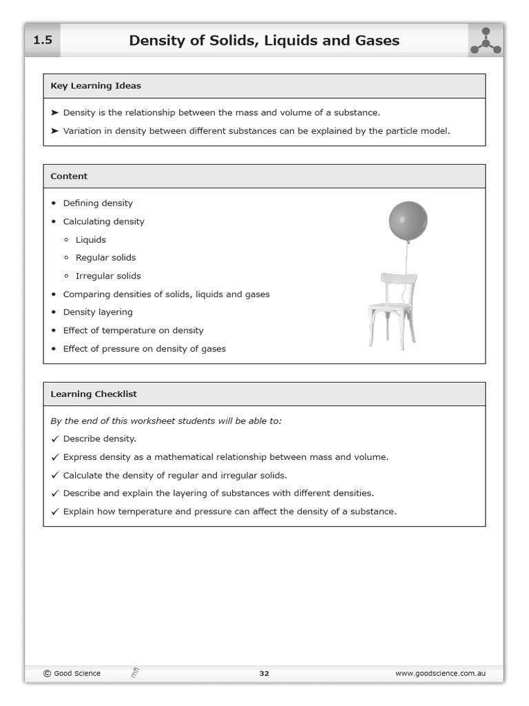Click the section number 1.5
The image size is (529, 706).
43,41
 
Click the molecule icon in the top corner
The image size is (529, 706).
486,41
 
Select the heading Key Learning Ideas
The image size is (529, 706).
96,86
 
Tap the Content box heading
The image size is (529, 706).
69,176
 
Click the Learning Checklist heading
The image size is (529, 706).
94,394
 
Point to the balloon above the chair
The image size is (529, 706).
408,221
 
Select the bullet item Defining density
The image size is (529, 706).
98,203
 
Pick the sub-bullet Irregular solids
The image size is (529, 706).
108,276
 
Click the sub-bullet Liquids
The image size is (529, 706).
91,240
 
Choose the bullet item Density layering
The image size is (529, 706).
98,312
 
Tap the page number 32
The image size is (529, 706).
264,674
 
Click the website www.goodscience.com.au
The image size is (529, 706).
440,674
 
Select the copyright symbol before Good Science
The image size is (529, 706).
47,674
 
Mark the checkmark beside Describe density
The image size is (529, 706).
55,438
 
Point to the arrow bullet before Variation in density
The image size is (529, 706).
55,131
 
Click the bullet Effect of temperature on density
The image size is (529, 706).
133,330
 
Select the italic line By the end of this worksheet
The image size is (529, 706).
166,421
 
